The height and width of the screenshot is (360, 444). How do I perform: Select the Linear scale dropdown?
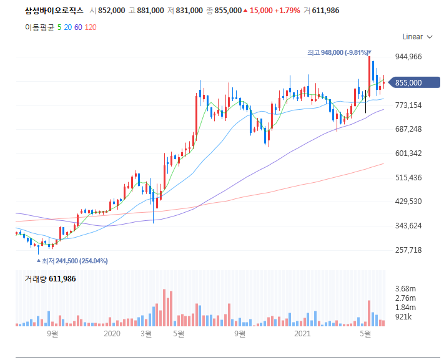[417, 37]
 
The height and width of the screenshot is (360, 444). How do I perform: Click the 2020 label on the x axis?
[111, 334]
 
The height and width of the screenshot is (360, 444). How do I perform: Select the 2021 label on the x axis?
[302, 334]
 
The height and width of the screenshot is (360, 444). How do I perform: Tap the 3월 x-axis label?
[146, 334]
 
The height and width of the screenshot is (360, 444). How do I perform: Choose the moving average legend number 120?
[91, 27]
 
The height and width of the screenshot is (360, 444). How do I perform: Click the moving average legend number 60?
[78, 27]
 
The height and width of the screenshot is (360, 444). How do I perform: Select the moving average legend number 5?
[59, 27]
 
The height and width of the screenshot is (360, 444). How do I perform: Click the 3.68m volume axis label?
[406, 288]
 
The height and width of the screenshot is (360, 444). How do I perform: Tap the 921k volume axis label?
[404, 317]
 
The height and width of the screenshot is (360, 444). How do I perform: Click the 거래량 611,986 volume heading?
[50, 279]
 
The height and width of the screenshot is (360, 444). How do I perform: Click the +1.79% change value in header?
[287, 11]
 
